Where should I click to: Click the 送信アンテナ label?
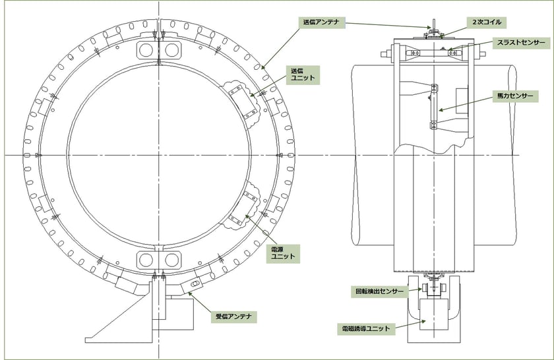tap(321, 22)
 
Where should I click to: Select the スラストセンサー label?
tap(521, 43)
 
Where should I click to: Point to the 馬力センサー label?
tap(515, 96)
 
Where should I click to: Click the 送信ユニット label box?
tap(303, 75)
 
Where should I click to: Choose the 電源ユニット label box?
tap(283, 254)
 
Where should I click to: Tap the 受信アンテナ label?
tap(234, 316)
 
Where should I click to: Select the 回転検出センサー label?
tap(379, 292)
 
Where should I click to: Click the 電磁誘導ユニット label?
tap(366, 328)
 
